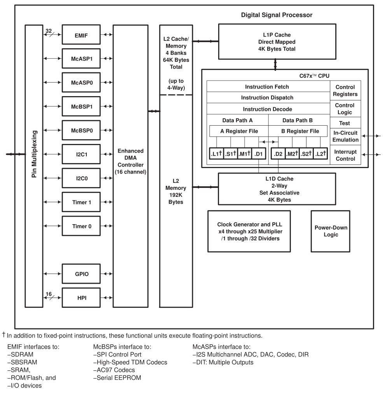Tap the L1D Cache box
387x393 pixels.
coord(277,189)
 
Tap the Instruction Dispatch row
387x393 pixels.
coord(267,97)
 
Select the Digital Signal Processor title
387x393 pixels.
coord(277,15)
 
